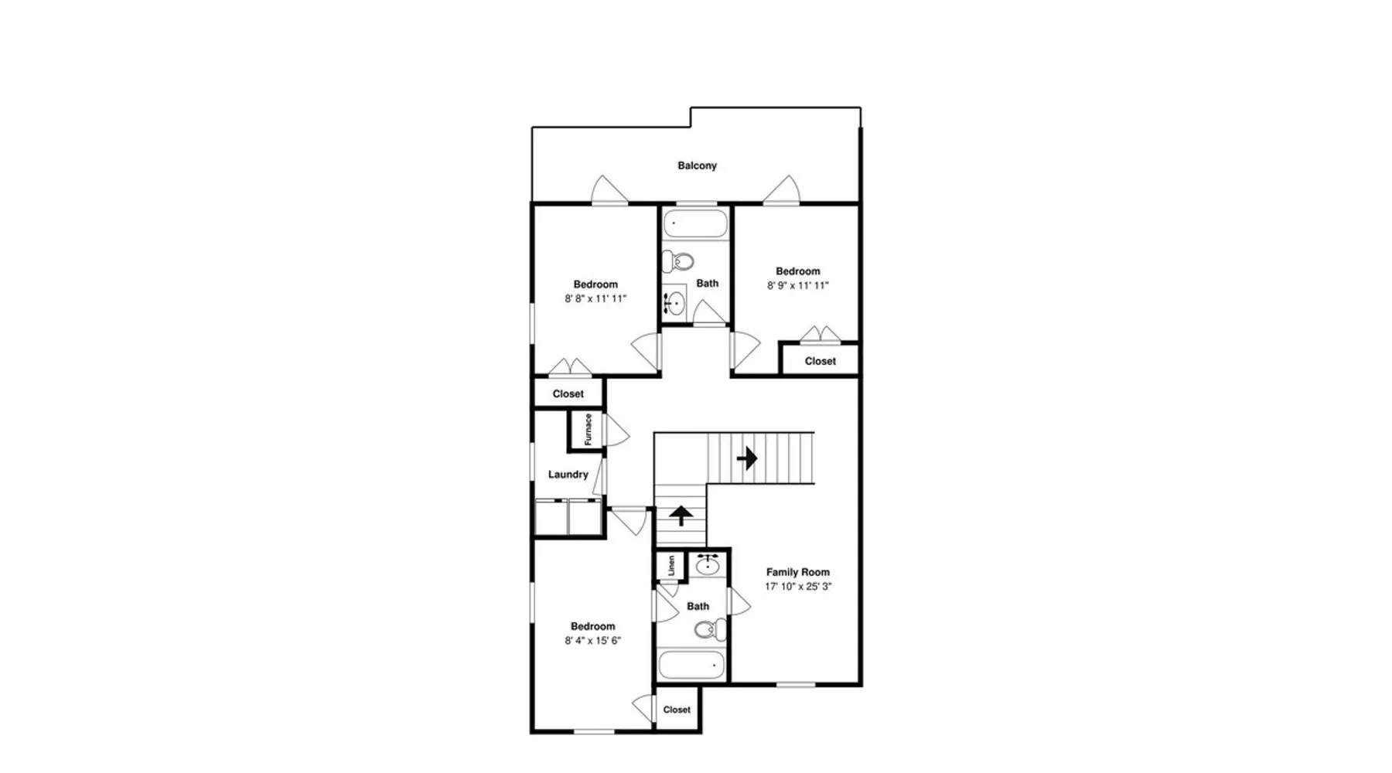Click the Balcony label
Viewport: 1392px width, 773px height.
point(697,165)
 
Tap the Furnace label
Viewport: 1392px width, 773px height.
point(589,430)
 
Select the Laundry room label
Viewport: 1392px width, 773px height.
point(568,475)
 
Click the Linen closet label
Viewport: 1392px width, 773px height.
point(671,565)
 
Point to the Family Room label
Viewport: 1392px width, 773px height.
point(798,572)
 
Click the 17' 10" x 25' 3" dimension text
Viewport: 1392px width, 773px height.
point(798,587)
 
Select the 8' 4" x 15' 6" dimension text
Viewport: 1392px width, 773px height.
point(593,641)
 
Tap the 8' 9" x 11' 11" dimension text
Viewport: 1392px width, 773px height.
point(798,285)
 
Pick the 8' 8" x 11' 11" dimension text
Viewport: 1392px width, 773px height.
point(595,298)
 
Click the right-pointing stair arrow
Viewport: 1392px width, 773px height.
point(747,458)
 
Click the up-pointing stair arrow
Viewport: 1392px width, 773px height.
point(681,516)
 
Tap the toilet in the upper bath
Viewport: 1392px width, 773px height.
point(677,262)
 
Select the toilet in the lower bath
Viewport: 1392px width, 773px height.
point(710,630)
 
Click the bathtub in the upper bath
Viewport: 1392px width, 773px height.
point(696,223)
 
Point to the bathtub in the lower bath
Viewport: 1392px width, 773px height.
point(692,666)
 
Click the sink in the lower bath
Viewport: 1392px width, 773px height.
point(708,566)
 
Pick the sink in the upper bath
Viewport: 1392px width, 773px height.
point(674,301)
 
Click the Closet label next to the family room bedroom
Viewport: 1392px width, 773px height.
point(820,361)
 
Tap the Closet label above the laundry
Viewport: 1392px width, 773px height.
point(568,394)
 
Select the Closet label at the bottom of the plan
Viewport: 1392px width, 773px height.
point(677,710)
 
